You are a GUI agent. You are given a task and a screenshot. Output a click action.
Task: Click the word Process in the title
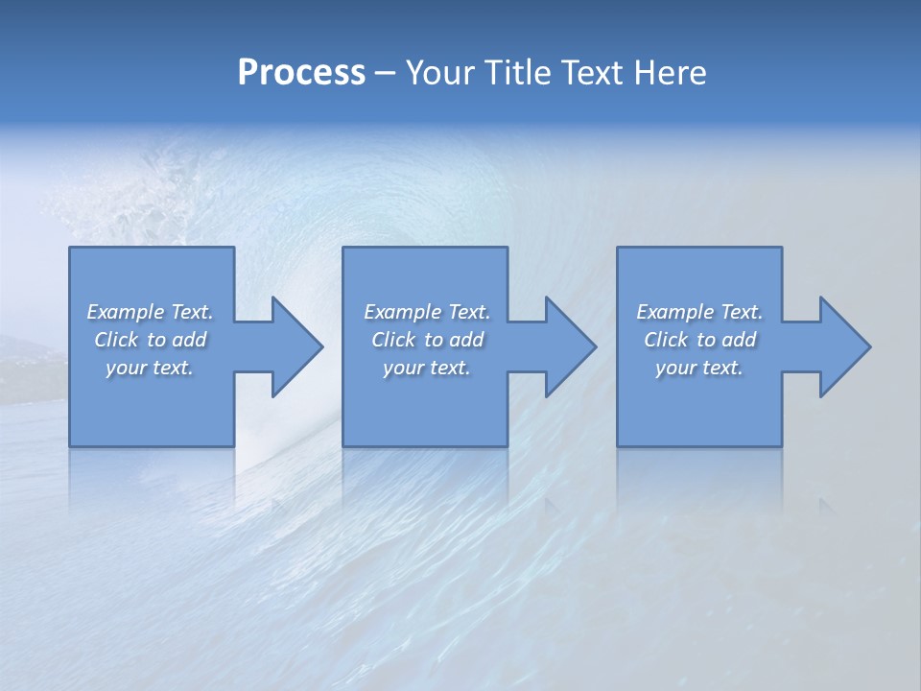click(301, 73)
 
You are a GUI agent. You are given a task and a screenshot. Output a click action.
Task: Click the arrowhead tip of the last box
click(869, 346)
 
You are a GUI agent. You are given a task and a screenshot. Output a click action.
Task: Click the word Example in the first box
click(126, 312)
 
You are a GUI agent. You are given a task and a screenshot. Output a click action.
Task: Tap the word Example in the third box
click(675, 312)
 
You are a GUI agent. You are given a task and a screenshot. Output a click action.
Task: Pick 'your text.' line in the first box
click(150, 368)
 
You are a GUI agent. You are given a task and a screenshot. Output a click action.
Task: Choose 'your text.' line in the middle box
click(426, 368)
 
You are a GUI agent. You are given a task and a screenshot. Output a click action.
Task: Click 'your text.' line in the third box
click(699, 368)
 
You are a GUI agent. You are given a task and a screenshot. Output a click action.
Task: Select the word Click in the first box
click(116, 340)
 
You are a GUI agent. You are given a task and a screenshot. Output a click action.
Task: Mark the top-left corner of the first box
click(70, 248)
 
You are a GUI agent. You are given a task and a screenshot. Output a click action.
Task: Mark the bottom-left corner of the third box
click(618, 445)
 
